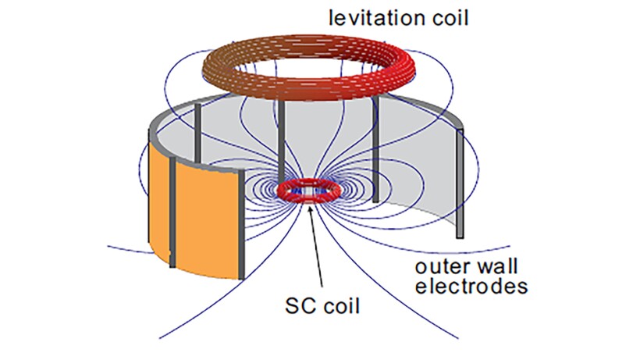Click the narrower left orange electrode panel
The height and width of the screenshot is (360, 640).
tap(158, 198)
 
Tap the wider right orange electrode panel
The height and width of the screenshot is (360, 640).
tap(206, 215)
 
